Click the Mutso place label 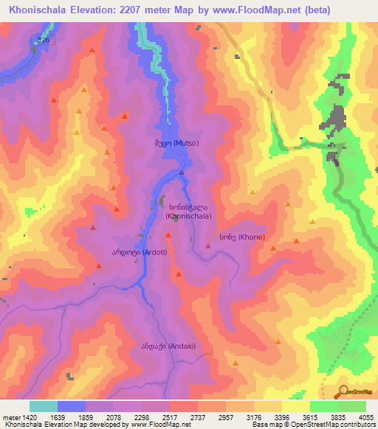click(x=176, y=144)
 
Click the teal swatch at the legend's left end click(x=43, y=406)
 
